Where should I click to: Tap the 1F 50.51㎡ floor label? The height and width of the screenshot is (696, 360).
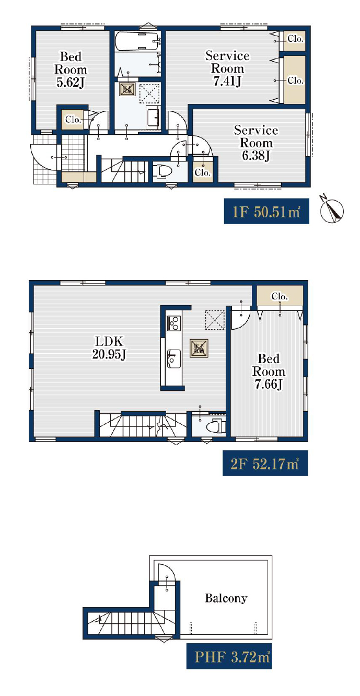(266, 211)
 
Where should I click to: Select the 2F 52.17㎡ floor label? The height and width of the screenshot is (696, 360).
(265, 463)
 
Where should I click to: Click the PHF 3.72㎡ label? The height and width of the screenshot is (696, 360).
(229, 656)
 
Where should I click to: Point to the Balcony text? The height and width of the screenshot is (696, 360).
(226, 598)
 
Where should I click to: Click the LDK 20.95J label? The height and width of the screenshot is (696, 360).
(109, 347)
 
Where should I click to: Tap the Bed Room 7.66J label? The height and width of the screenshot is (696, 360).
(269, 372)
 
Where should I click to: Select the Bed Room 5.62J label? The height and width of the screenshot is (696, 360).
(71, 69)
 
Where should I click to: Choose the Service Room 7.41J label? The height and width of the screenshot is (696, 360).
(227, 68)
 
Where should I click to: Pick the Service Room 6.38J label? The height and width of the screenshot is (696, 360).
(256, 143)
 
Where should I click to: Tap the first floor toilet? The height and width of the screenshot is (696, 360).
(162, 171)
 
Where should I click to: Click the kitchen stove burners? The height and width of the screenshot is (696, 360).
(173, 322)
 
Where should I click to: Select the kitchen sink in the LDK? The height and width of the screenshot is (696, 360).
(173, 358)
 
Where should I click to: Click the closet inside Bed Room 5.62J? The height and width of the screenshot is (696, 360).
(73, 119)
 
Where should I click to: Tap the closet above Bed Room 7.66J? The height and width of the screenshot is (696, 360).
(280, 296)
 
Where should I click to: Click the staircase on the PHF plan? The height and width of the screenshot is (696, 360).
(131, 623)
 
